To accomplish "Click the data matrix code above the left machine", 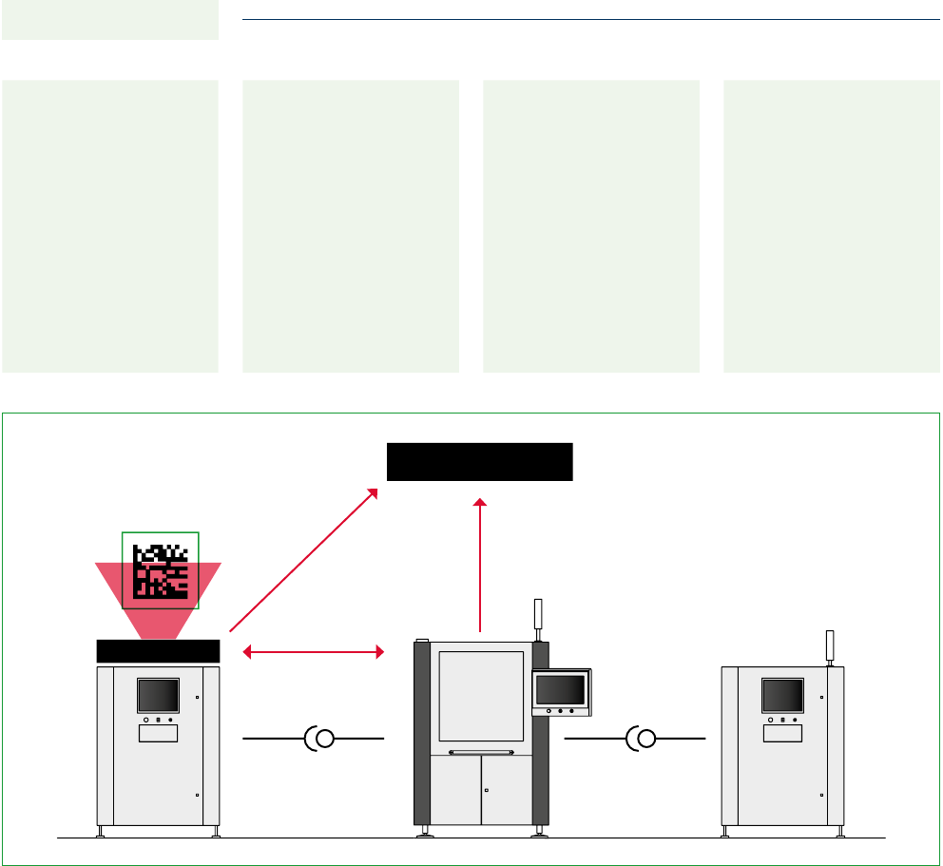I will coord(160,570).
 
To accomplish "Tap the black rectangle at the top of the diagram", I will coord(479,461).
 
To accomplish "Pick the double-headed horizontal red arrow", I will coord(314,652).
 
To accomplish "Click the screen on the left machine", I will coord(158,695).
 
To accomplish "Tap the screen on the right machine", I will coord(782,695).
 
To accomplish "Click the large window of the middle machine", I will coord(481,696).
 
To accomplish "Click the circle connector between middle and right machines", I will coord(646,739).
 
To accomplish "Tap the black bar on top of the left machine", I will coord(159,651).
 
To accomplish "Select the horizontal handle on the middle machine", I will coord(481,753).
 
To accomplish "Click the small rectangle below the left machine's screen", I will coord(158,734).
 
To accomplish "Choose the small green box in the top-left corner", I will coord(110,20).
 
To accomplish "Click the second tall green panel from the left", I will coord(351,225).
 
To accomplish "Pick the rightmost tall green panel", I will coord(832,225).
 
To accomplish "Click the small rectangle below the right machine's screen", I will coord(782,734).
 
